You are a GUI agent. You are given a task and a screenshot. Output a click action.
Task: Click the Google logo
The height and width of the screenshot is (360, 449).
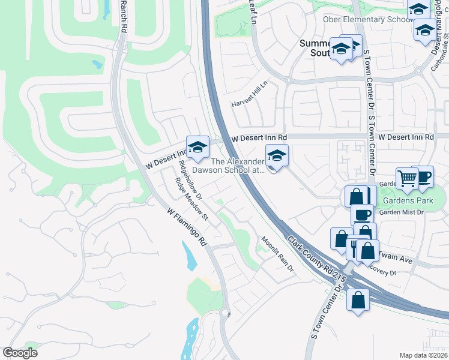[20, 353]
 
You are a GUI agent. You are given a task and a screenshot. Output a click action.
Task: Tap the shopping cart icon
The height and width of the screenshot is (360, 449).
[408, 177]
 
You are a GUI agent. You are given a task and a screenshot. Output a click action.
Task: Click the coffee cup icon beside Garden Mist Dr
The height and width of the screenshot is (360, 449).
[362, 214]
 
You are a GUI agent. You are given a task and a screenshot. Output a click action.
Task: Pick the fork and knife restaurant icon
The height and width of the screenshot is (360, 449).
[354, 245]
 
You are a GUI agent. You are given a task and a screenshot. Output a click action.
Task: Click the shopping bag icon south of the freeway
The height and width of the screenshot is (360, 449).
[358, 299]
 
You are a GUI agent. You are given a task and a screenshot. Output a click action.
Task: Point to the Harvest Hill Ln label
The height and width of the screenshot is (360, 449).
[251, 95]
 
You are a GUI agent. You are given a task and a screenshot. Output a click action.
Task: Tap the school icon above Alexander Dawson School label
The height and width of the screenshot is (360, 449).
[277, 155]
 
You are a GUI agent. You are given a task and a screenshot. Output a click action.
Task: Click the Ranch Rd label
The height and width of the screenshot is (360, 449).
[124, 16]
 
